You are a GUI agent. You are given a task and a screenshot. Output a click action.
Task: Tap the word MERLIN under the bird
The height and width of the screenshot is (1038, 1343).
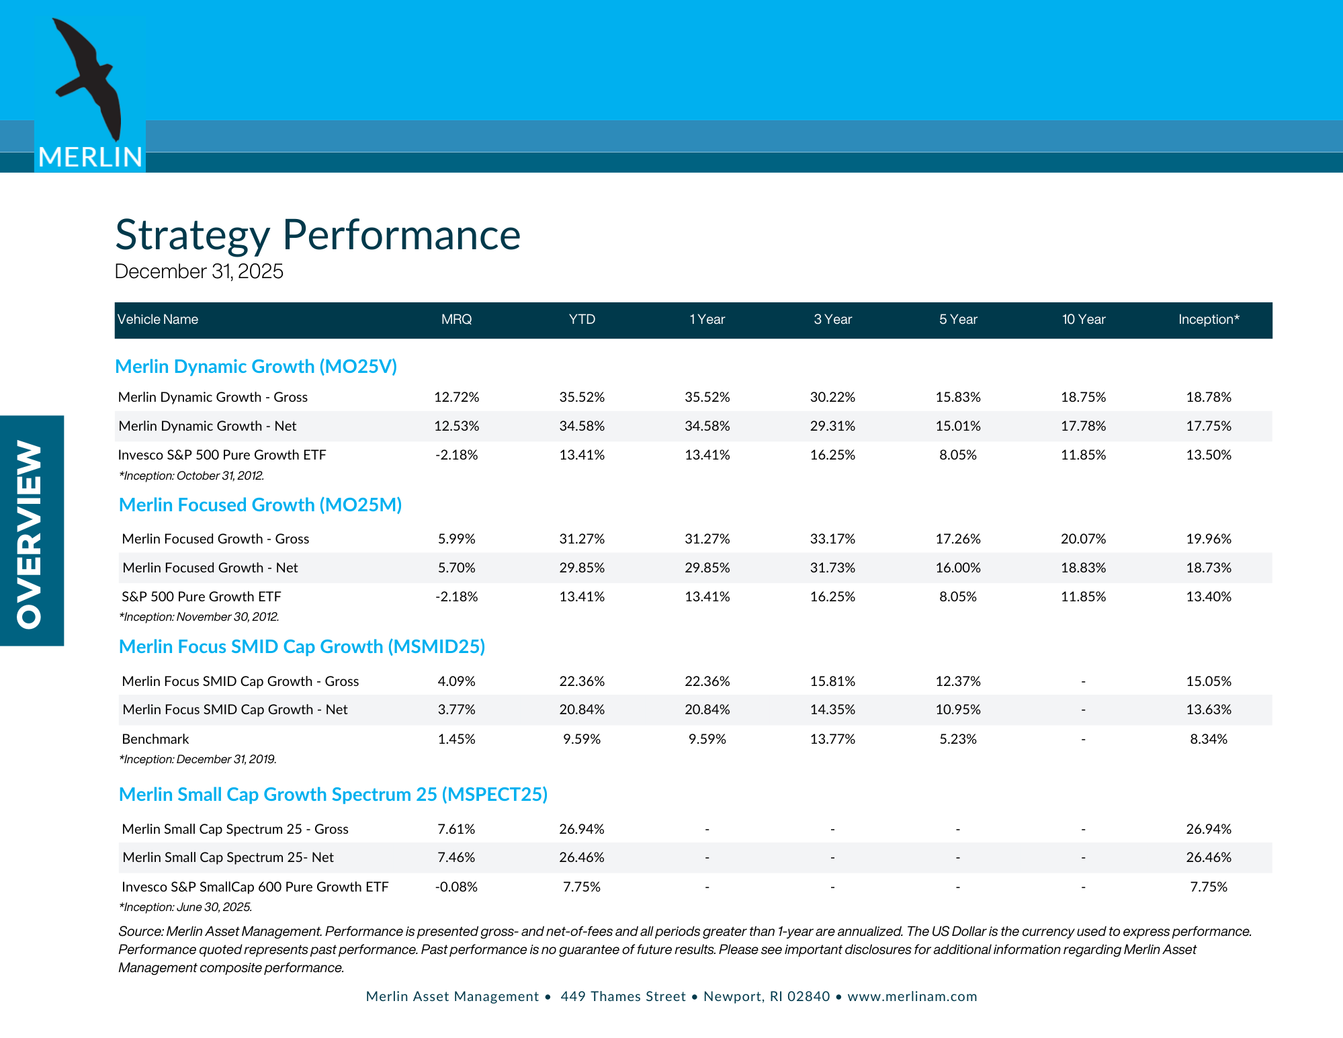coord(90,157)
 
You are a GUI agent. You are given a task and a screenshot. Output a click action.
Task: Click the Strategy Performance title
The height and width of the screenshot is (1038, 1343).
coord(318,235)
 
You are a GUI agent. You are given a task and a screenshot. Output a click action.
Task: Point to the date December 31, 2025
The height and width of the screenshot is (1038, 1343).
coord(199,271)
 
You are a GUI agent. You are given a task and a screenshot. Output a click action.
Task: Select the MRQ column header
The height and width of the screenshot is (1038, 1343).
coord(456,320)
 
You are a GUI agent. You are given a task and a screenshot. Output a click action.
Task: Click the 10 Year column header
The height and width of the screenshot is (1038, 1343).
coord(1083,320)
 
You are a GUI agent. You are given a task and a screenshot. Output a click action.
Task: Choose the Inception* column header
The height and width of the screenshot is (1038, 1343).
coord(1208,320)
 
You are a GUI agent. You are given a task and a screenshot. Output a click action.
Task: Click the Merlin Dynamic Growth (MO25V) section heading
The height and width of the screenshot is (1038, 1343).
coord(256,367)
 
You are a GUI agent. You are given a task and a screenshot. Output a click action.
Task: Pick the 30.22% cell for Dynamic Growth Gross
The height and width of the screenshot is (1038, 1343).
coord(832,397)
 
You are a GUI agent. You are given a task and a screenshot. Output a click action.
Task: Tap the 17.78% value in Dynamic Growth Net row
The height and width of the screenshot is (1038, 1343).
coord(1083,426)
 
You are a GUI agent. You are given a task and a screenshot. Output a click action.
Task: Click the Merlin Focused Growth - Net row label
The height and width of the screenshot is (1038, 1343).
coord(210,568)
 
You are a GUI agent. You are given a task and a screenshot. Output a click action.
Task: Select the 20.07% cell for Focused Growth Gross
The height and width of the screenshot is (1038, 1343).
coord(1083,539)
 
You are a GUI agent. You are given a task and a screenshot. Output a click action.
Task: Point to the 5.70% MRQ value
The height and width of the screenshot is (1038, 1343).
coord(456,568)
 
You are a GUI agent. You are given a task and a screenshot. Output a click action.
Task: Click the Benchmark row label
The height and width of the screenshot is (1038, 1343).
coord(155,739)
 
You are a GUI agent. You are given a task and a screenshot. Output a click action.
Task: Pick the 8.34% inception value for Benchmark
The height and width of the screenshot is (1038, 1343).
coord(1208,739)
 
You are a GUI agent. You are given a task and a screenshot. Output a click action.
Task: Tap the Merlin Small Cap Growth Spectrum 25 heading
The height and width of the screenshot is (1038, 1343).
coord(333,795)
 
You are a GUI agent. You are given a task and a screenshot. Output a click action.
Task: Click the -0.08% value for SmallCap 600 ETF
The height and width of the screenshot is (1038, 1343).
coord(456,887)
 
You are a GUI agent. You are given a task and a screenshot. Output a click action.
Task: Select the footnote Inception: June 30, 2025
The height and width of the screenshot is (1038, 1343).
coord(185,907)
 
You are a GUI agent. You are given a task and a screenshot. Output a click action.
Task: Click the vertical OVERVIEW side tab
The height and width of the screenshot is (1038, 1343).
coord(31,531)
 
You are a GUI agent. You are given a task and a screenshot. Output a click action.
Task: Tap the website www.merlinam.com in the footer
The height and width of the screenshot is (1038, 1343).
coord(912,996)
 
